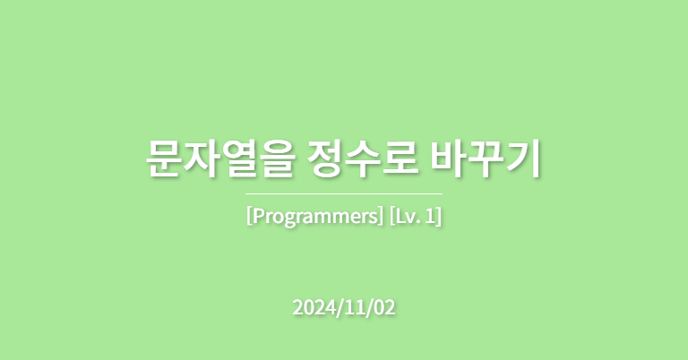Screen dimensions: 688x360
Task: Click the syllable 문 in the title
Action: [x=162, y=159]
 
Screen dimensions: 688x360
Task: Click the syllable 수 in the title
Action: [x=364, y=159]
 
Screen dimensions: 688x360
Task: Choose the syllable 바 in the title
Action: [x=448, y=159]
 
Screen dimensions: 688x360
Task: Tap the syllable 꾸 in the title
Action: [x=485, y=159]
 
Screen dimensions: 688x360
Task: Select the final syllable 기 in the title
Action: [x=523, y=159]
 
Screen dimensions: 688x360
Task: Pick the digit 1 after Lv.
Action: [x=431, y=216]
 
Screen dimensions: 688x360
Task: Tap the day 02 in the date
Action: [x=384, y=307]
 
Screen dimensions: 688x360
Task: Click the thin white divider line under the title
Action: [x=344, y=193]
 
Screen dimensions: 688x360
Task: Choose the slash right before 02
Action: [x=370, y=308]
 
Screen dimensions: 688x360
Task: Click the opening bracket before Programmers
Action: [x=249, y=217]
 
